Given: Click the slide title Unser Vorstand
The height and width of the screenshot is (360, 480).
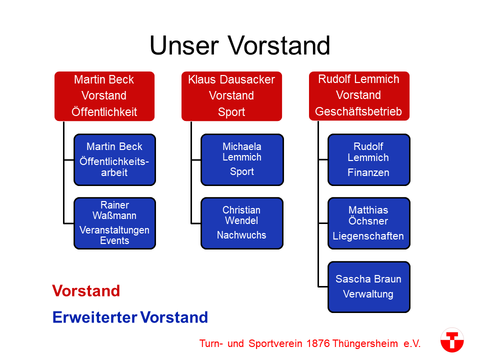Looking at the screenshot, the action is tap(239, 45).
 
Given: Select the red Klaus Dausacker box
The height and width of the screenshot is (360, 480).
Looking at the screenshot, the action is tap(231, 96).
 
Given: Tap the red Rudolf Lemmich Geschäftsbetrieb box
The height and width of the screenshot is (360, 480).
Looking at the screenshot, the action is tap(359, 96).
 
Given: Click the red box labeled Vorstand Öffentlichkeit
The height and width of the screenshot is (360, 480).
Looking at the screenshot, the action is tap(104, 96).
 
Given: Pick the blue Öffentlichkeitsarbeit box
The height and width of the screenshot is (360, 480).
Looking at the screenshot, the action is tap(115, 160).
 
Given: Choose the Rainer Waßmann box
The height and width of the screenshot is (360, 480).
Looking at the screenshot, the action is tap(115, 223).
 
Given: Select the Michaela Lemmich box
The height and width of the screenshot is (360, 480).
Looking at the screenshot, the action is tap(242, 160).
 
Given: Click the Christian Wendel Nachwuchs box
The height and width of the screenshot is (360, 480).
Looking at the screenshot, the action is tap(242, 223).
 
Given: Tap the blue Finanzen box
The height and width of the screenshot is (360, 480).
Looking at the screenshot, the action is tap(369, 160).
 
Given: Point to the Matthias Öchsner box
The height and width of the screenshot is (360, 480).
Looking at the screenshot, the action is tap(369, 223).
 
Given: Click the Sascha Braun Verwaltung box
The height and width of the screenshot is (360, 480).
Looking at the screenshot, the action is tap(369, 287).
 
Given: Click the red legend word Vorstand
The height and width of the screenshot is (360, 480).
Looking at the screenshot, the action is tap(86, 291).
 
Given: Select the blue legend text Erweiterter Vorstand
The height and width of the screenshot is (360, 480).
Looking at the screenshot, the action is tap(130, 317).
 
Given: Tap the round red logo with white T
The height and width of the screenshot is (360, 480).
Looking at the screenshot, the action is tap(452, 340).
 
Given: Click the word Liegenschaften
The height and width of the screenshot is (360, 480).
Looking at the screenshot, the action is tap(368, 236).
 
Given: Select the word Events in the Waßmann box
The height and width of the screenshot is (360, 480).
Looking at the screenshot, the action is tap(114, 240).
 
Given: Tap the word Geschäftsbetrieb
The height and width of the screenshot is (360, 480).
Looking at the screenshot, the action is tap(358, 111).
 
